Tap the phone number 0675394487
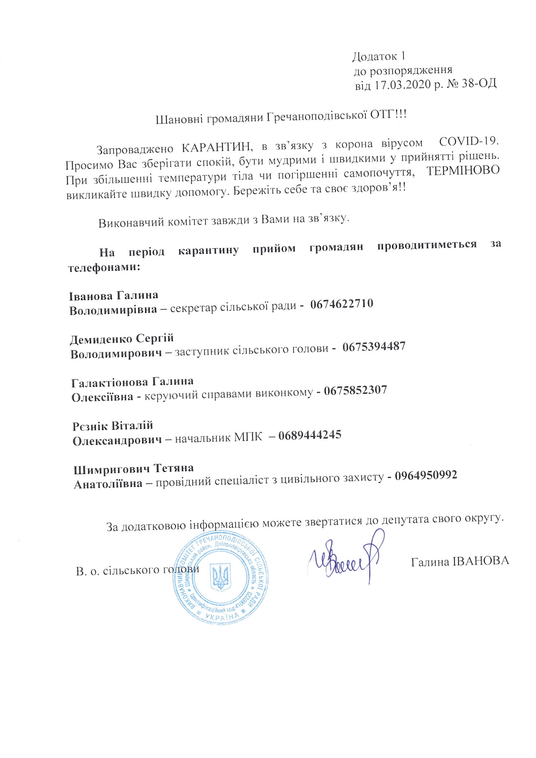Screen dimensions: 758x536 pyautogui.click(x=374, y=347)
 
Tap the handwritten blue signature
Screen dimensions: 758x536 pyautogui.click(x=347, y=559)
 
